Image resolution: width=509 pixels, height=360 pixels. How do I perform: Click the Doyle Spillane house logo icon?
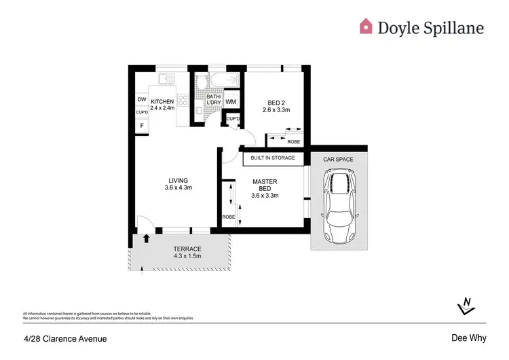click(366, 26)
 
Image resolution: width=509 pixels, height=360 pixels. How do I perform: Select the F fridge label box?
click(142, 126)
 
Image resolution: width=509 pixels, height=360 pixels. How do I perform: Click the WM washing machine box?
click(231, 102)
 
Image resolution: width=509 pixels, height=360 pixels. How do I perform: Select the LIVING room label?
click(178, 180)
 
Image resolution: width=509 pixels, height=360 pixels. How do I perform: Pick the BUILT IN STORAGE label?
click(273, 158)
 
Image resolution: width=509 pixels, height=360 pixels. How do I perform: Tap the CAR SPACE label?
click(338, 158)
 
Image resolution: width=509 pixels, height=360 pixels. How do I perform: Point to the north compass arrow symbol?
click(466, 306)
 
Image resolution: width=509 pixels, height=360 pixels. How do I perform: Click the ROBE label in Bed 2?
click(294, 142)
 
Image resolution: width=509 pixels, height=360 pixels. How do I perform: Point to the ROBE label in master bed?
click(227, 217)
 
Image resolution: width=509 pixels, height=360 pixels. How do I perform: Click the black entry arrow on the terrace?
click(147, 238)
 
